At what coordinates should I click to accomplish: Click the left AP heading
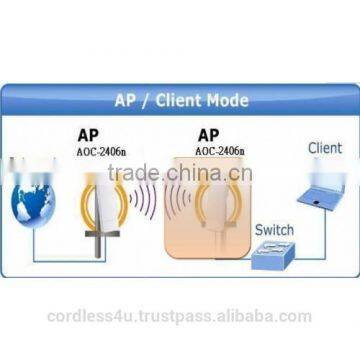tap(87, 134)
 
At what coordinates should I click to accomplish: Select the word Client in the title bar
tap(181, 100)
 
